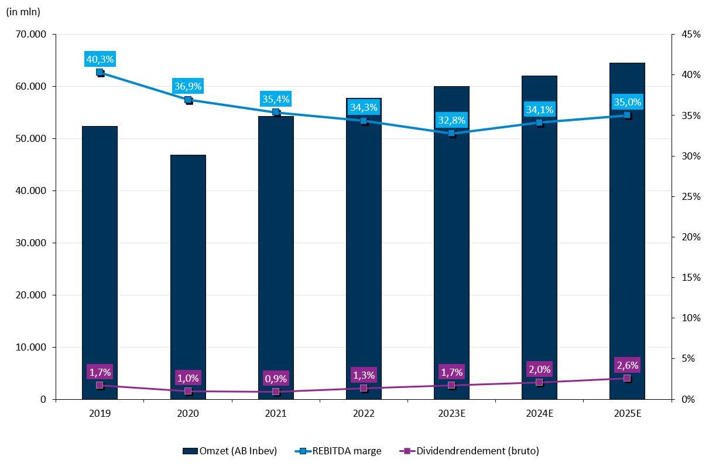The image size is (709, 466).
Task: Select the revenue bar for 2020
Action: pos(188,275)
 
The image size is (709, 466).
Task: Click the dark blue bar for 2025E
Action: pos(627,234)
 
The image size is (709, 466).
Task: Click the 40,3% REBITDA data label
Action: pos(100,59)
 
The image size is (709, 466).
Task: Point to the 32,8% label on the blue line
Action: pos(451,121)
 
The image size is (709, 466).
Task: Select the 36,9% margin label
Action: pos(188,86)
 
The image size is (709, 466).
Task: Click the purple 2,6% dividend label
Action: pos(627,365)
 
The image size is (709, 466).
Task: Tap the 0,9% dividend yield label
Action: pos(276,379)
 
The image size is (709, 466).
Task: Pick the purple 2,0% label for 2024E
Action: pos(539,369)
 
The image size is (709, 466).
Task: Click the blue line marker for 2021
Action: pos(276,112)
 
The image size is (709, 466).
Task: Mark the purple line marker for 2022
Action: pos(364,388)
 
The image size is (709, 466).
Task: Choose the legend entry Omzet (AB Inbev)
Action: pos(230,451)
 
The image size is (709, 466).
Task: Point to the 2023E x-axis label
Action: pos(451,413)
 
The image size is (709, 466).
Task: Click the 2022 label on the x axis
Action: pos(364,413)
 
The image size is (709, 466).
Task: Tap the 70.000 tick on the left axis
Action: pos(31,35)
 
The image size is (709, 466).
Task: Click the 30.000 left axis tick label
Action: pos(31,243)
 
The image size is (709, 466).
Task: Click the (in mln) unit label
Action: pos(23,12)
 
